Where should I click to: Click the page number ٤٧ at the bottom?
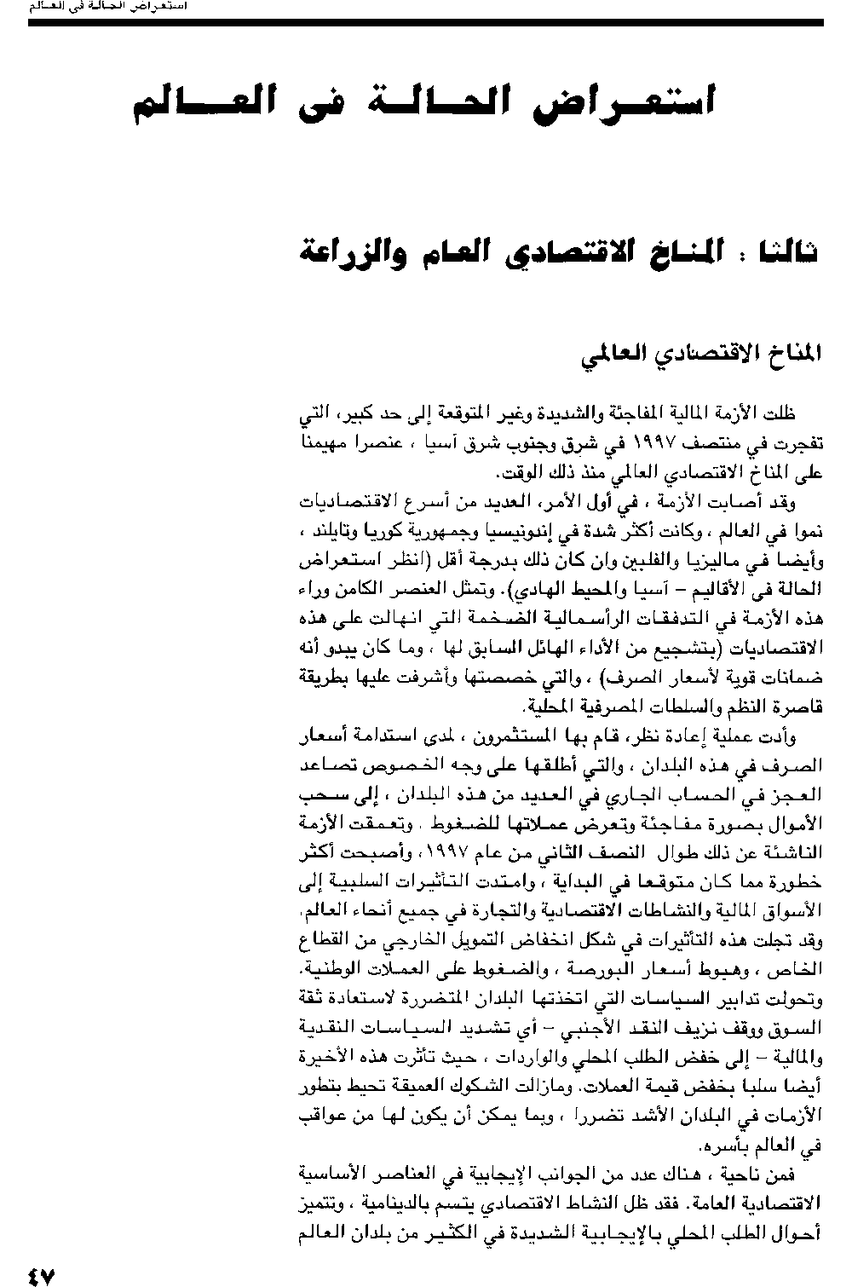[41, 1275]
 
